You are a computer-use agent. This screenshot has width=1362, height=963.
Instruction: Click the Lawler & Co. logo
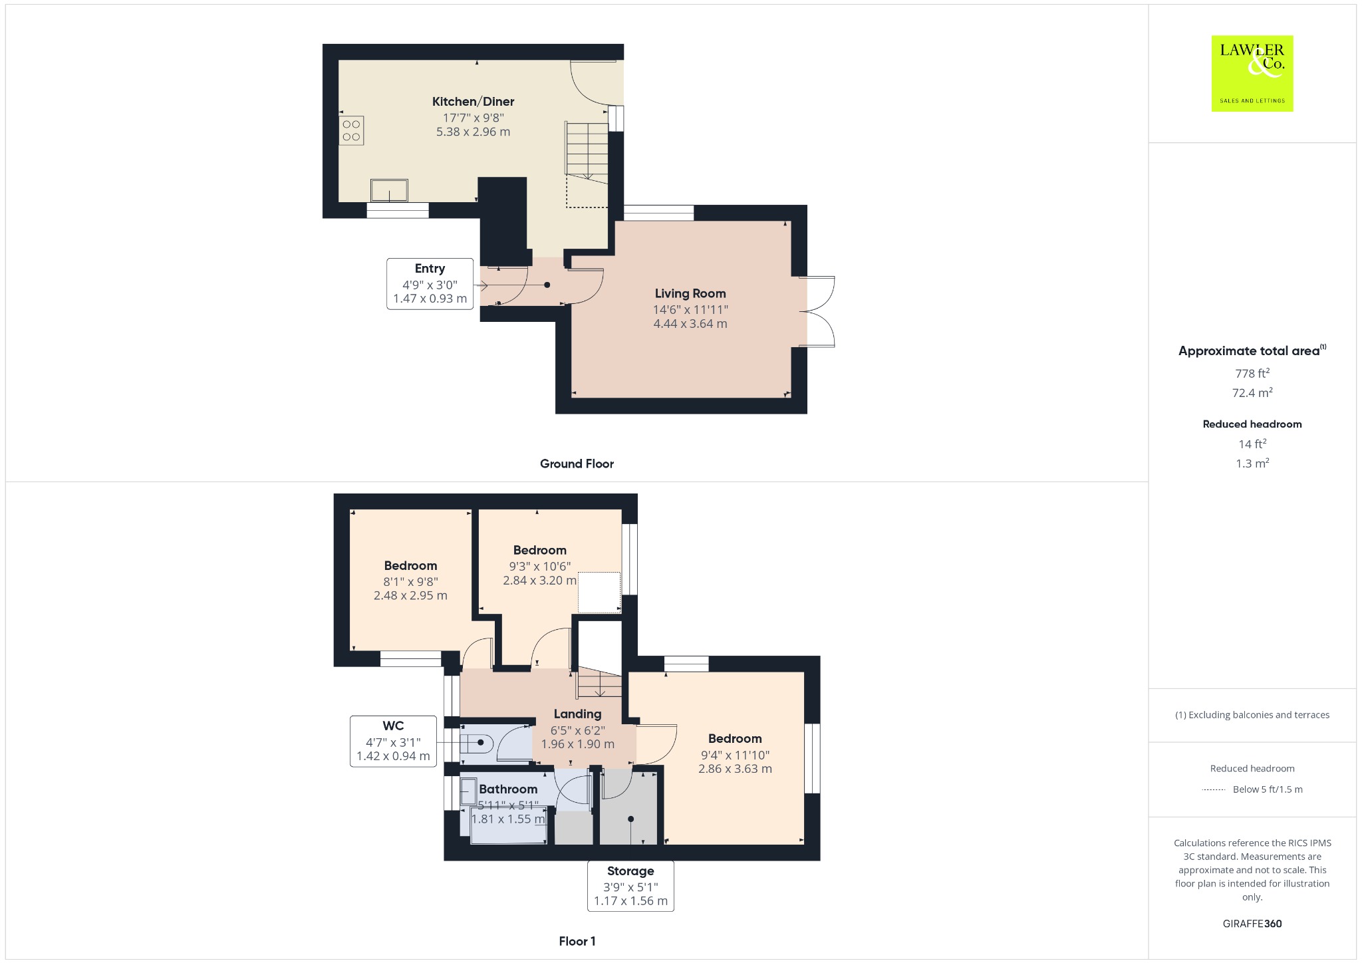click(1252, 73)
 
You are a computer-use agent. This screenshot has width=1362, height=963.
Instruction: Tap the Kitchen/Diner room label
click(473, 102)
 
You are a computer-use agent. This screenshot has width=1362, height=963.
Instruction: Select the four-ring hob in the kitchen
click(351, 130)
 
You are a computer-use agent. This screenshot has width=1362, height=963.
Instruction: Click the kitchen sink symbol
click(389, 190)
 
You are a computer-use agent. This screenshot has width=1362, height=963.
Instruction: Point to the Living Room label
click(690, 293)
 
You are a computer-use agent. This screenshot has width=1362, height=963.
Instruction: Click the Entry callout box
click(430, 284)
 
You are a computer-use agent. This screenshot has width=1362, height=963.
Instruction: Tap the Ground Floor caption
click(577, 464)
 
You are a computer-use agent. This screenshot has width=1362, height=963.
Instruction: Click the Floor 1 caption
click(577, 941)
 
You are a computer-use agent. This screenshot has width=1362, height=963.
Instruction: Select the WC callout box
click(393, 741)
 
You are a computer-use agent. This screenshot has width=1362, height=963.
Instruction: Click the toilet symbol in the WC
click(477, 742)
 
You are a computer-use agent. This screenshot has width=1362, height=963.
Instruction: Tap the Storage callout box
click(630, 886)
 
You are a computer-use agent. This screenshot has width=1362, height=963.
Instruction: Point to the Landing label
click(577, 714)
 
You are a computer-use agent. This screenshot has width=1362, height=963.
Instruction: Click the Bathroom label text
click(508, 789)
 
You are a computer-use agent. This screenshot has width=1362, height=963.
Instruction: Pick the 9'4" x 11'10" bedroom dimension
click(735, 755)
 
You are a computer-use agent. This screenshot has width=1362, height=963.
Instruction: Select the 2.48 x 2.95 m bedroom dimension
click(410, 595)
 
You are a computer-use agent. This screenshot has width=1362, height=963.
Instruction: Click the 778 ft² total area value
click(1252, 373)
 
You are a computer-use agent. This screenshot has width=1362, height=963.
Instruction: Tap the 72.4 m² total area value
click(1252, 392)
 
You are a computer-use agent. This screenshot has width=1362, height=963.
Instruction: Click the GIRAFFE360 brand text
click(1252, 923)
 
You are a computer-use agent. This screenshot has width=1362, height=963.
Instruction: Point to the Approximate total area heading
click(1252, 350)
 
